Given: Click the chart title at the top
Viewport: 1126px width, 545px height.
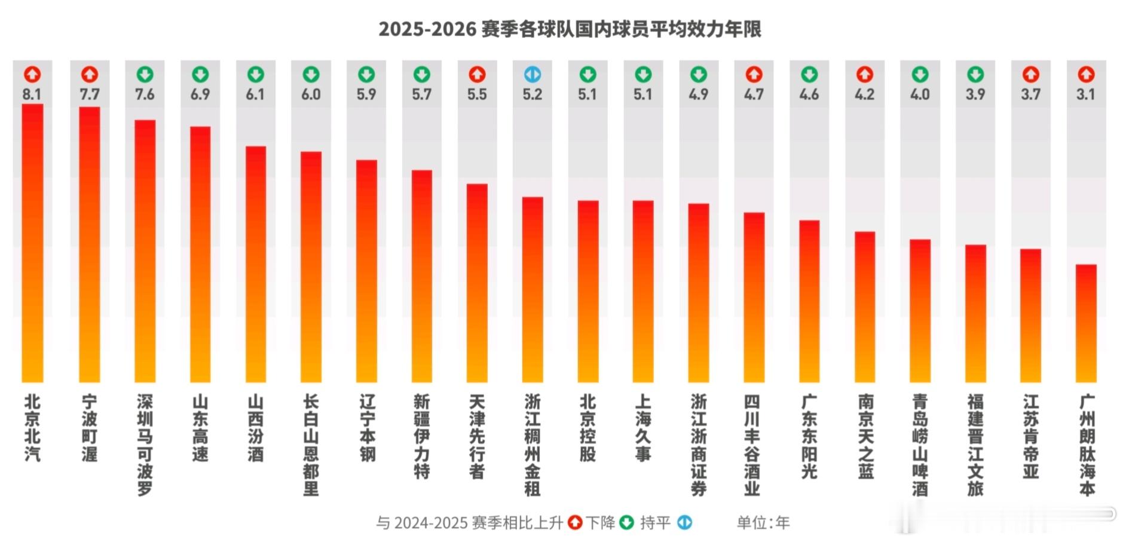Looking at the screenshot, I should point(570,29).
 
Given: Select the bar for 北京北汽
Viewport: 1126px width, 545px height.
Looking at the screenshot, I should point(32,243).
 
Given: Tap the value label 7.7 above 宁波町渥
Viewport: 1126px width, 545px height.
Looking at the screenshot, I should point(90,94).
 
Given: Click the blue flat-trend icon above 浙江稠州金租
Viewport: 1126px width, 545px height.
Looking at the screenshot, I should point(532,75).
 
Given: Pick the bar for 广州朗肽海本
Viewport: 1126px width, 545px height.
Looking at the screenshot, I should point(1086,323).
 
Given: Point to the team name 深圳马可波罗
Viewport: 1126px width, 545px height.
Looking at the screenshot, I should point(145,445).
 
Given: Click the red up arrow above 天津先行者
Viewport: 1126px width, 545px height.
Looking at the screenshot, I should point(477,75).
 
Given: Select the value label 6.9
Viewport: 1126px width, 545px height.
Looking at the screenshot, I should point(200,94).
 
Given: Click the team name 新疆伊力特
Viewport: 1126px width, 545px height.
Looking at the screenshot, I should point(422,436).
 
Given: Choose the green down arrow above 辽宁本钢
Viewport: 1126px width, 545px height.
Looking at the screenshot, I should point(366,75).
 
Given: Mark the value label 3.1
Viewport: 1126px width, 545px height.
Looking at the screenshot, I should point(1086,94).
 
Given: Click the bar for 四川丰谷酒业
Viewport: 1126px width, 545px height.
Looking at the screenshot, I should point(754,297).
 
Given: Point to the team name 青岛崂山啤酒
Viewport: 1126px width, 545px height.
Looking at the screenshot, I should point(920,445).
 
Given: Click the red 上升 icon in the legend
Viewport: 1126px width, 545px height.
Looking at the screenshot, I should point(575,523).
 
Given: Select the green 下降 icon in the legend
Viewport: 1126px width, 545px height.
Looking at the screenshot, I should point(626,523).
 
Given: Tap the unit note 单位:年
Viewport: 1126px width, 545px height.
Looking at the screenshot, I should point(763,523).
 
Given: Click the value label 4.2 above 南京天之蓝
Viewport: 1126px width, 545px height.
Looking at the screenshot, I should point(865,94).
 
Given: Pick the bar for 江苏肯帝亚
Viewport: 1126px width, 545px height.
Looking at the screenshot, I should point(1030,315).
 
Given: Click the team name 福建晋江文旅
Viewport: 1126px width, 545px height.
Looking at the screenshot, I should point(975,445).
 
